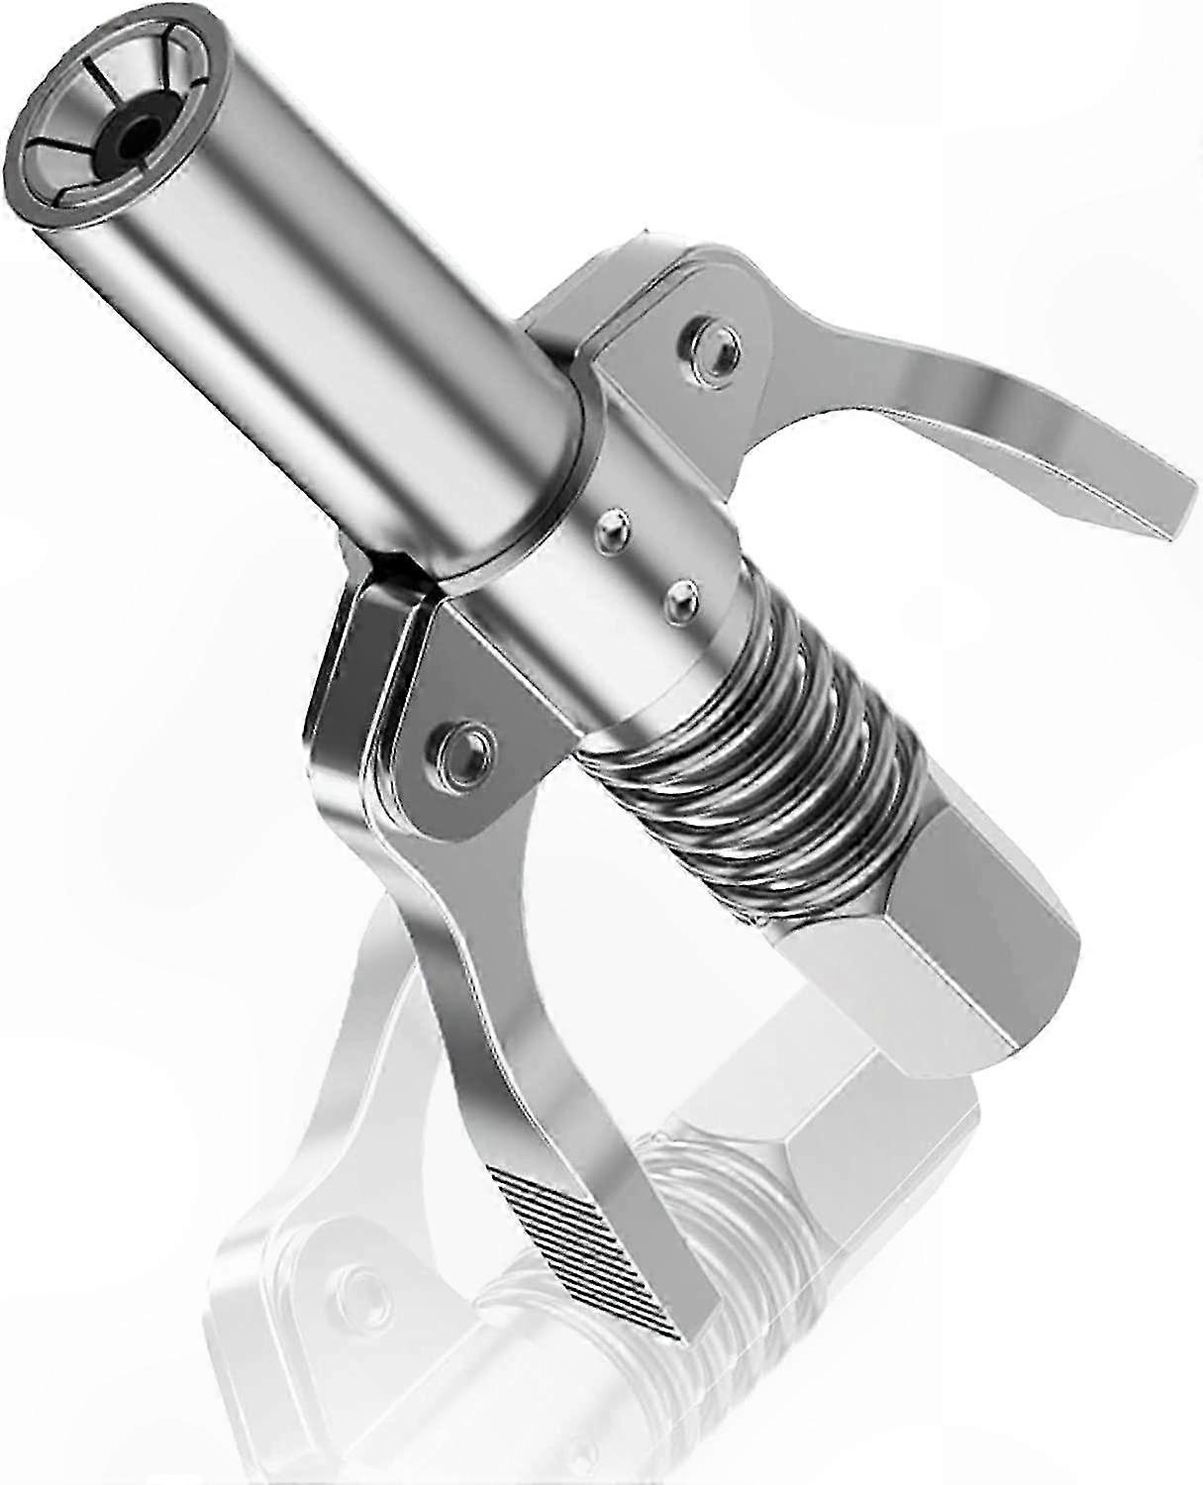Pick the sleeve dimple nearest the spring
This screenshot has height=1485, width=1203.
[679, 597]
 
